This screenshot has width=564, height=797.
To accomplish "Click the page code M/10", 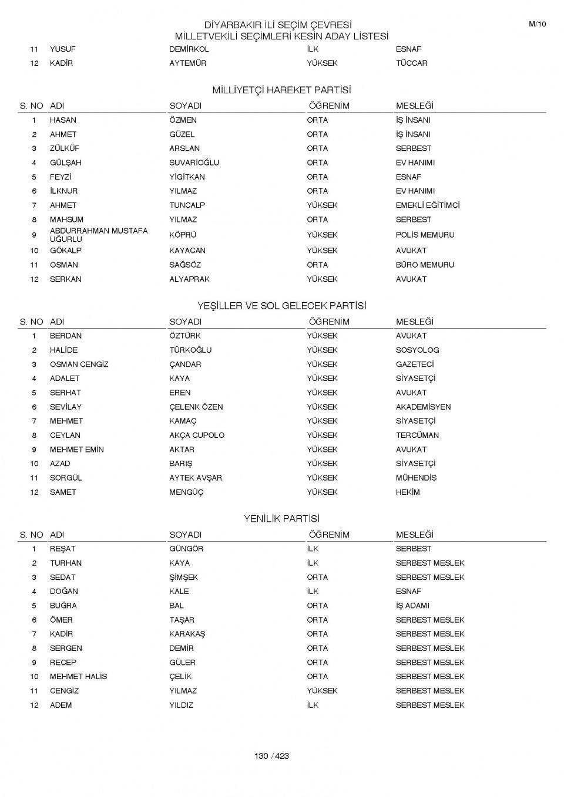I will coord(537,24).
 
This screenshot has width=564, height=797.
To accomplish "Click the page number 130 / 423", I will coord(271,756).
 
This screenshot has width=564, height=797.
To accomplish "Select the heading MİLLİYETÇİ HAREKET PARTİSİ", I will coord(281,90).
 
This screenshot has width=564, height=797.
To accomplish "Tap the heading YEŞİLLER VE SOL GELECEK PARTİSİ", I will coord(281,306).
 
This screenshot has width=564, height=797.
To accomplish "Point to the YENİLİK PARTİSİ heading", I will coord(281,519).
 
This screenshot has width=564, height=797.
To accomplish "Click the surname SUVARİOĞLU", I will coord(194,163).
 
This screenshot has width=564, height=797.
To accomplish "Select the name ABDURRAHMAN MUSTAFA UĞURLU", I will coord(98,235).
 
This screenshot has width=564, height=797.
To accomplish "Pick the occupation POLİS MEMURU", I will coord(425,235).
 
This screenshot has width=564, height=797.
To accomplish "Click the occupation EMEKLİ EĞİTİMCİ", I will coord(427,205).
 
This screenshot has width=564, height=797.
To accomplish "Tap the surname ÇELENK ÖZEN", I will coord(196,407).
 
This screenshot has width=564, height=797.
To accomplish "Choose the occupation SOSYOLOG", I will coord(417,350).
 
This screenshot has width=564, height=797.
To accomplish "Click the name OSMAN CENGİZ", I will coord(79,364).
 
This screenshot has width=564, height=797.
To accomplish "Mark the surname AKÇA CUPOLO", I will coord(196,435).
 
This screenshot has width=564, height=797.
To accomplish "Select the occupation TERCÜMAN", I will coord(417,435).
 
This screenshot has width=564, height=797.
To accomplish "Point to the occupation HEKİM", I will coord(408,492).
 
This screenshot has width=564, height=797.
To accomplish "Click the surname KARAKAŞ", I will coord(187,634).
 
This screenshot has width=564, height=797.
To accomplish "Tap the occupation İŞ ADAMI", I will coord(412,606).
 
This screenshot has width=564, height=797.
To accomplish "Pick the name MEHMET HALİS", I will coord(78,677).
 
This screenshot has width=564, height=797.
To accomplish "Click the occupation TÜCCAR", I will coord(411,63).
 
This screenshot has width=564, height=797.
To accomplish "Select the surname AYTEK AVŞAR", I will coord(195,478).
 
